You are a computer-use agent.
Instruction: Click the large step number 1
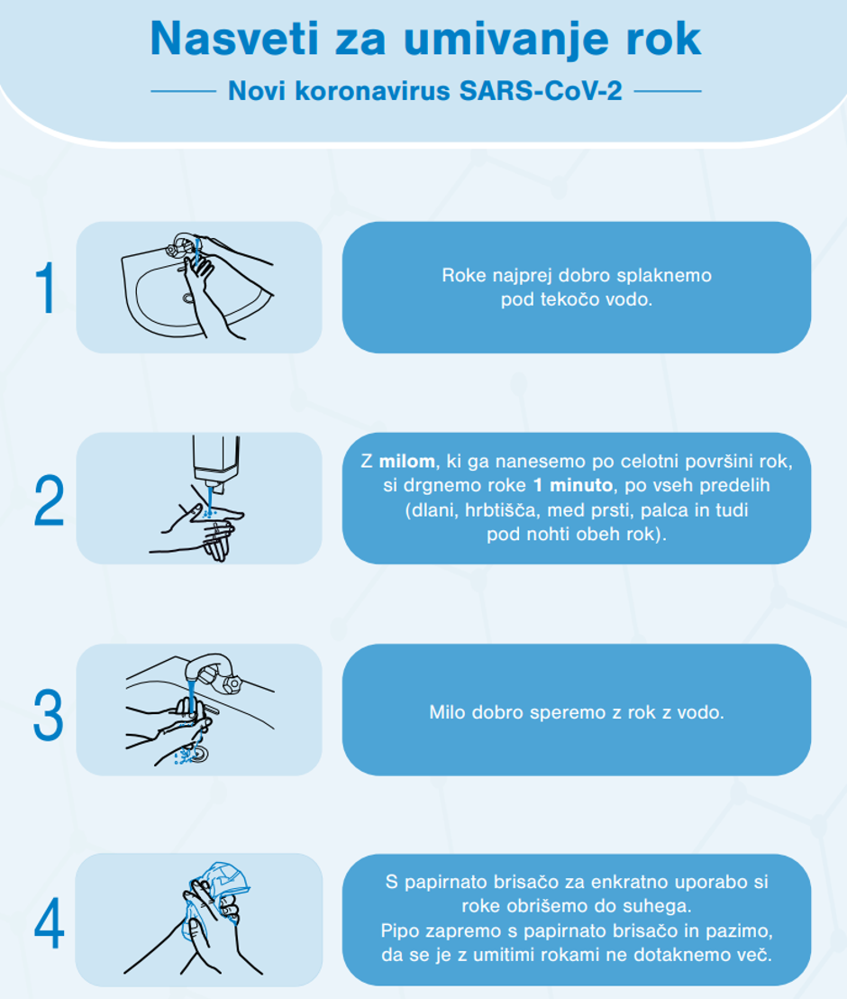[45, 289]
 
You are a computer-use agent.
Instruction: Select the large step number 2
[49, 501]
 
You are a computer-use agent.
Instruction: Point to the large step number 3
[49, 715]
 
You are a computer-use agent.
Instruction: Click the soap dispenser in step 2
[215, 460]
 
